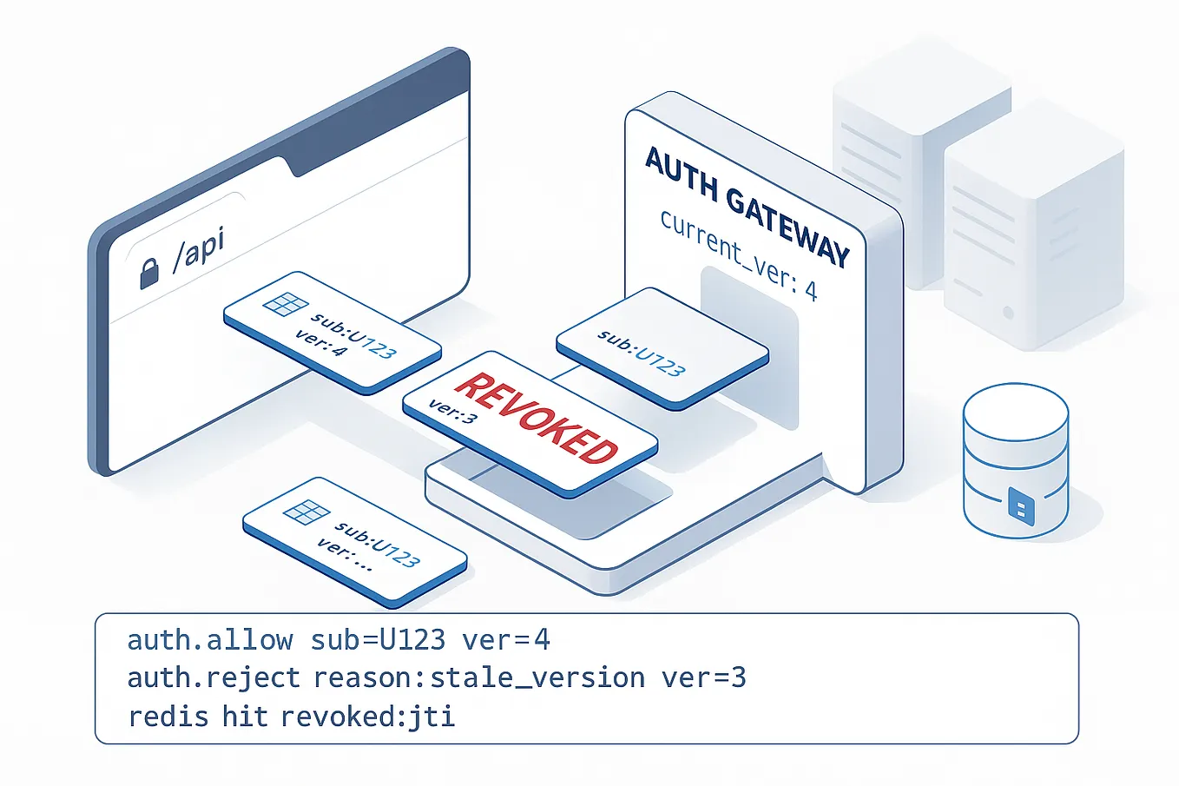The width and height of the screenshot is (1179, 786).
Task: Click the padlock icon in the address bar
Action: click(149, 273)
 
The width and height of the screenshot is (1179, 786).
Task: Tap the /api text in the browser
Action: click(199, 249)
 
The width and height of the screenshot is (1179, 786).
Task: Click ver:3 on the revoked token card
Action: click(452, 411)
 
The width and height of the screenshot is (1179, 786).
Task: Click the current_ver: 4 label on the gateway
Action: click(738, 254)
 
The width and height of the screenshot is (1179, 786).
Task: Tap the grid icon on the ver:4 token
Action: click(285, 304)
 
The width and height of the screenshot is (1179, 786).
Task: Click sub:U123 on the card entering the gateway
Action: click(642, 353)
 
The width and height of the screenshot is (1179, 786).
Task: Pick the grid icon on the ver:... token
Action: click(306, 512)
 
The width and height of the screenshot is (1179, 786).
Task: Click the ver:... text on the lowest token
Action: click(344, 554)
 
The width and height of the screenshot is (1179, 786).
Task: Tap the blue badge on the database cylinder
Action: click(1021, 505)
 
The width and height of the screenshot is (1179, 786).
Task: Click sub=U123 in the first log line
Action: click(378, 640)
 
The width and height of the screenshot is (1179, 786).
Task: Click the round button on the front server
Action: click(1007, 312)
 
